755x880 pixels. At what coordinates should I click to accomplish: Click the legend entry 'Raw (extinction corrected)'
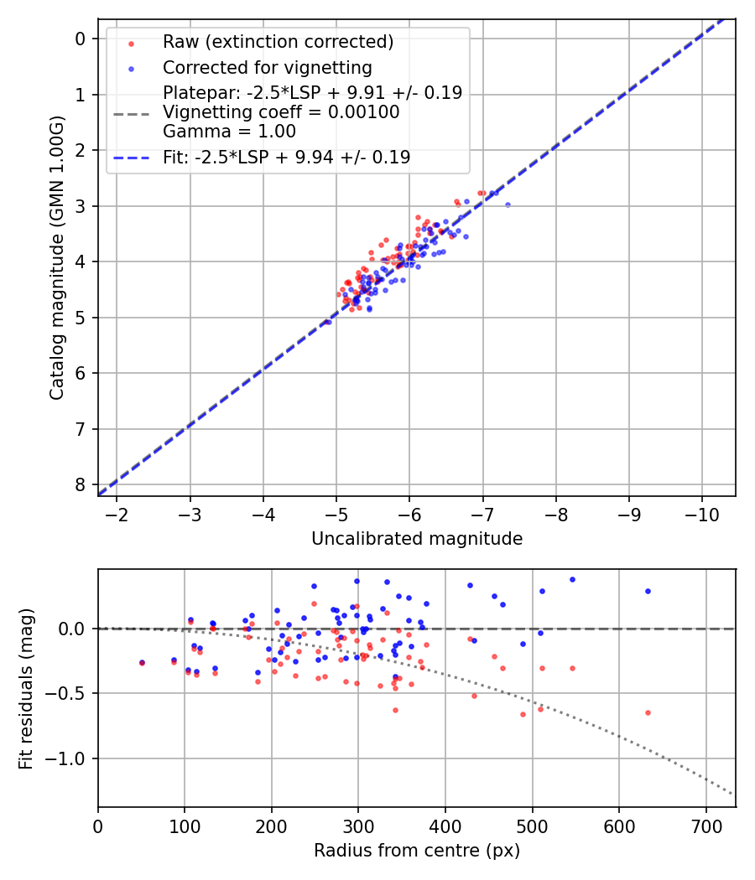coord(278,42)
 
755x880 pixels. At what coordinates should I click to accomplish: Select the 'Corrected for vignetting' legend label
coord(267,67)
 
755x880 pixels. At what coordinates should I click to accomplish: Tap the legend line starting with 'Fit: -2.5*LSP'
coord(286,157)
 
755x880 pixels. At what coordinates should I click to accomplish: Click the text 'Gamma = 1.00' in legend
coord(229,131)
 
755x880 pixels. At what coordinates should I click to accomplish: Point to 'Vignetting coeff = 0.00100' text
coord(281,112)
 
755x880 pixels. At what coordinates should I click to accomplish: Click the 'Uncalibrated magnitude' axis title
coord(417,539)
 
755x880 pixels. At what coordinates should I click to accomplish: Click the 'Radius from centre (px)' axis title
coord(417,851)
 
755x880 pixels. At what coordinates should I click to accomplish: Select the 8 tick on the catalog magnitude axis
coord(81,484)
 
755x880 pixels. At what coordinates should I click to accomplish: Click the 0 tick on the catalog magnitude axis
coord(81,39)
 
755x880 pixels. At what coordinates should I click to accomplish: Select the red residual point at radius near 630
coord(648,712)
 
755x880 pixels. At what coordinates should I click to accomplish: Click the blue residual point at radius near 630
coord(648,591)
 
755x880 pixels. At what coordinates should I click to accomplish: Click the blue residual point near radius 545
coord(572,579)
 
